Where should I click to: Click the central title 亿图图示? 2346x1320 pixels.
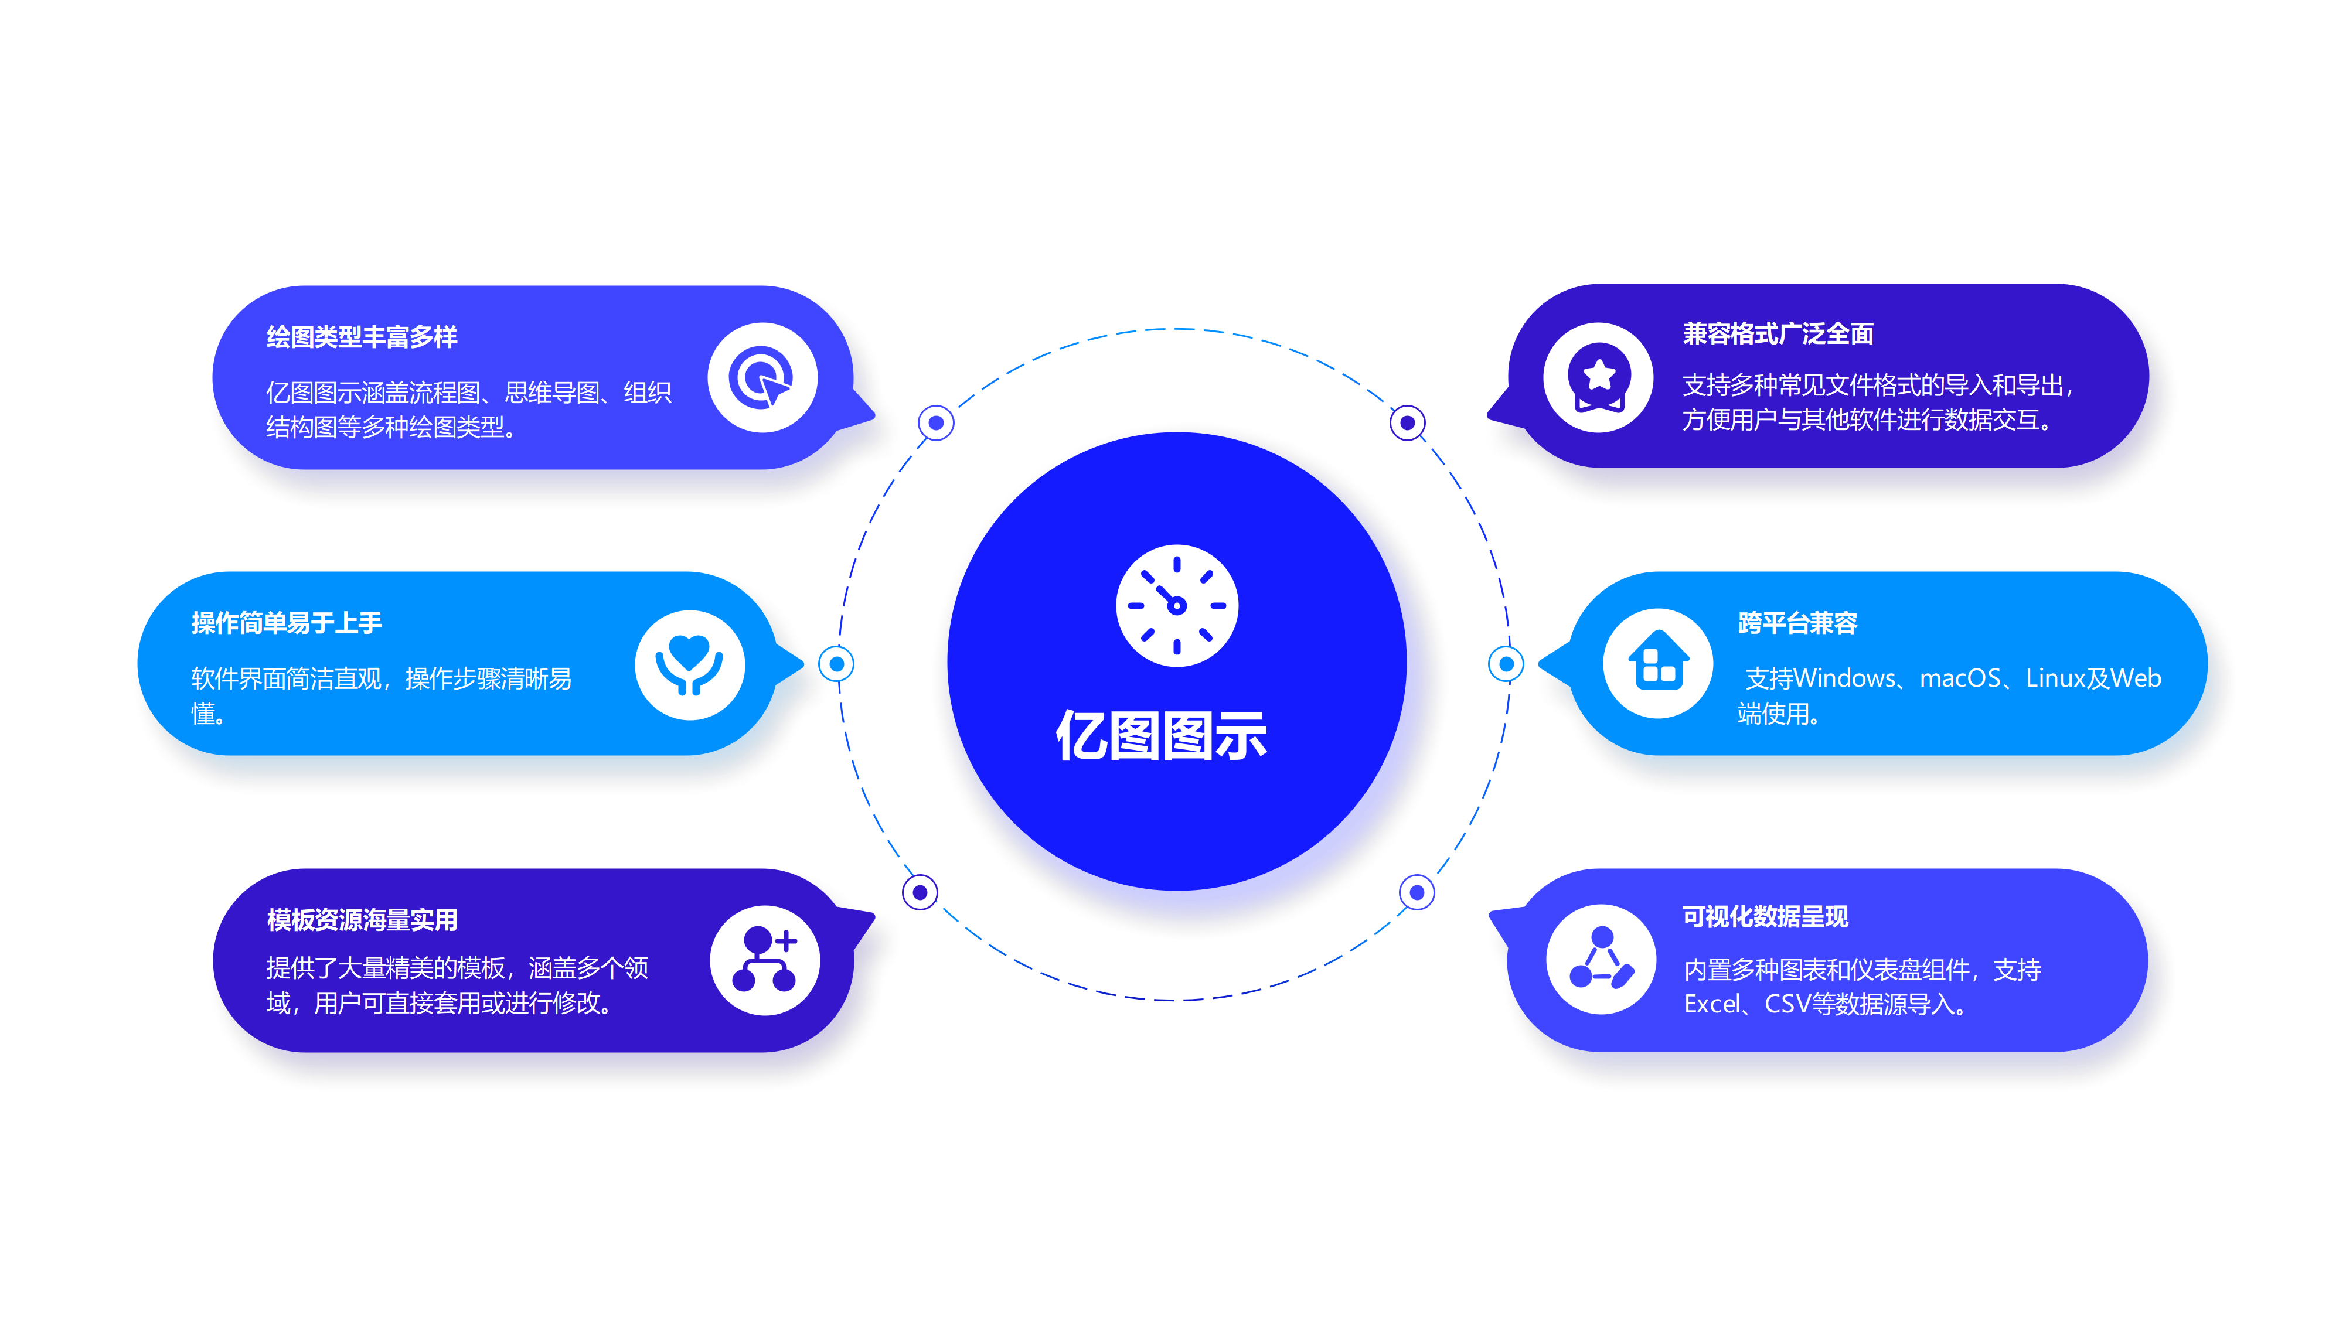point(1161,735)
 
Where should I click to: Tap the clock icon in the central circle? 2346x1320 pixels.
point(1177,605)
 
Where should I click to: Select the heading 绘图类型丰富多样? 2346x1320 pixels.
point(362,337)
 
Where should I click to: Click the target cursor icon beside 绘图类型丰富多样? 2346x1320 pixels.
point(762,378)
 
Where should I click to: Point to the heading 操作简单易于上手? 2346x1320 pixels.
point(286,623)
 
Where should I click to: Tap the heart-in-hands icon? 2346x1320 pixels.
point(689,664)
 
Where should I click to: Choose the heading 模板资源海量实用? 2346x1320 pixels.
point(362,919)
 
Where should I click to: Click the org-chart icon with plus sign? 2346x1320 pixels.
point(764,960)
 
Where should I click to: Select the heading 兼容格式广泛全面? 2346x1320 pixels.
point(1778,334)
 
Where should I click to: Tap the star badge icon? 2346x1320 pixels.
point(1598,377)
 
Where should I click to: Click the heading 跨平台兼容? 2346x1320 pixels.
point(1797,623)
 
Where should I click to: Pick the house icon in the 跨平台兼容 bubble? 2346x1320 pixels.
point(1657,663)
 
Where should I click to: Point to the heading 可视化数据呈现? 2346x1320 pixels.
point(1765,917)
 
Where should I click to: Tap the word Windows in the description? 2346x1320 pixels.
point(1844,678)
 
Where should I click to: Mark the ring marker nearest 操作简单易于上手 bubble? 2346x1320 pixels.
point(836,664)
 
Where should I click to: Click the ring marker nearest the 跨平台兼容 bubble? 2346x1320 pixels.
point(1506,664)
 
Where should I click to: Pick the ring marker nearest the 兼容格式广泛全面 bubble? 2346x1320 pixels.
point(1407,422)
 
